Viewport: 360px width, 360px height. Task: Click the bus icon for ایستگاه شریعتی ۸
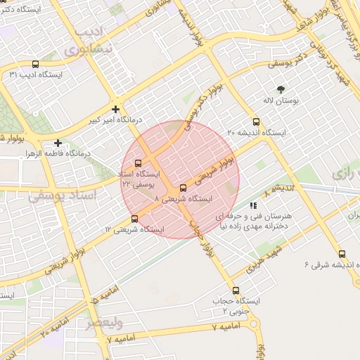point(183,188)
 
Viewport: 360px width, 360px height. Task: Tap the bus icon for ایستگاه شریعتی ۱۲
point(135,219)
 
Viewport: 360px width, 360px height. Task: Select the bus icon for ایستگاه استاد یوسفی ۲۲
point(137,163)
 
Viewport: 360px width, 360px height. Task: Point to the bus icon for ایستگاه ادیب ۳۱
point(13,74)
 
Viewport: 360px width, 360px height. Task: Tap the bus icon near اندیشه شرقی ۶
point(342,254)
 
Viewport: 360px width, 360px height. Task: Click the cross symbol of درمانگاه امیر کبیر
point(116,109)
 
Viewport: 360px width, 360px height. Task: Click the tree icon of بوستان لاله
point(281,89)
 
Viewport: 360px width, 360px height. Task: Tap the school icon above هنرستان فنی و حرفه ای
point(252,205)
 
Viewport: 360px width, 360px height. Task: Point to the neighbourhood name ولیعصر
point(104,323)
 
